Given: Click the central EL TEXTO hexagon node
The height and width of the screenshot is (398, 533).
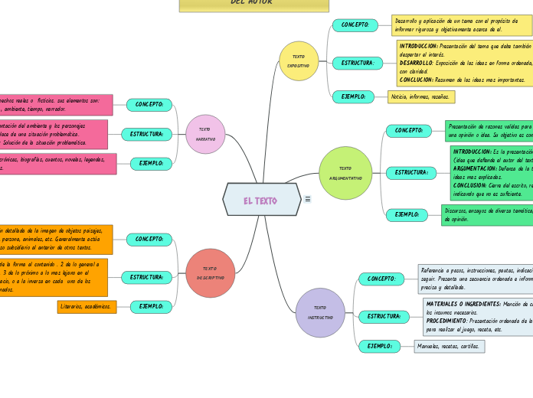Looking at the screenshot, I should pos(261,200).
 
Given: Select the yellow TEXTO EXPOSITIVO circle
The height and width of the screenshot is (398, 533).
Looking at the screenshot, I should pos(299,61).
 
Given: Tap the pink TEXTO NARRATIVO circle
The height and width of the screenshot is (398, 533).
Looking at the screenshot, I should pos(205,134).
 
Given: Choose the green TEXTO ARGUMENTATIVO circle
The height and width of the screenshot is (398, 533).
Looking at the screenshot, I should pos(345,173).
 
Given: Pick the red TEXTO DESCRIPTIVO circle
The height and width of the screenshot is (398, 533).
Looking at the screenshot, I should pos(210,273).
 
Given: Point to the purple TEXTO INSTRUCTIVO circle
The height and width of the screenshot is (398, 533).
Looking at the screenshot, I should pos(320,312).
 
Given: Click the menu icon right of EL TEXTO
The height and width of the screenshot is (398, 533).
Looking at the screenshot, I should pos(308,199).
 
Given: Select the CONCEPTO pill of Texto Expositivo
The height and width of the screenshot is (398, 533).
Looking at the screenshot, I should pos(355,24).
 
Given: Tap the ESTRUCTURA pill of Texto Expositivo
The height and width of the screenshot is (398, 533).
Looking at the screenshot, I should pos(358,63).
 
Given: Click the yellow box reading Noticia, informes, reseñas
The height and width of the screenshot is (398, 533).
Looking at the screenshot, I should pos(420,97).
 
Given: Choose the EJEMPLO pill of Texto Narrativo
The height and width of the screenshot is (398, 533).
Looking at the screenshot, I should pos(151,163).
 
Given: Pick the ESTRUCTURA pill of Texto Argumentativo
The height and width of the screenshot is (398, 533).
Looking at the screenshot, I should pos(411,173).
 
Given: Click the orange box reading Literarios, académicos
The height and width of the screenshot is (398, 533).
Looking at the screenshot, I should pos(86,307).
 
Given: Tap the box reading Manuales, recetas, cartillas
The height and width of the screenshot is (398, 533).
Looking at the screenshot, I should pos(449,347).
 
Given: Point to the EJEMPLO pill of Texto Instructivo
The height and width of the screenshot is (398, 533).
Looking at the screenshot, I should pos(379,347).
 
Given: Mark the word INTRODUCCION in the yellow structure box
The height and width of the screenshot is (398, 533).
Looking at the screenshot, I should pos(419,46).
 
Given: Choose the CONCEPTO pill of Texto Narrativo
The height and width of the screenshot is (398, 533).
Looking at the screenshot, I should pos(149,104).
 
